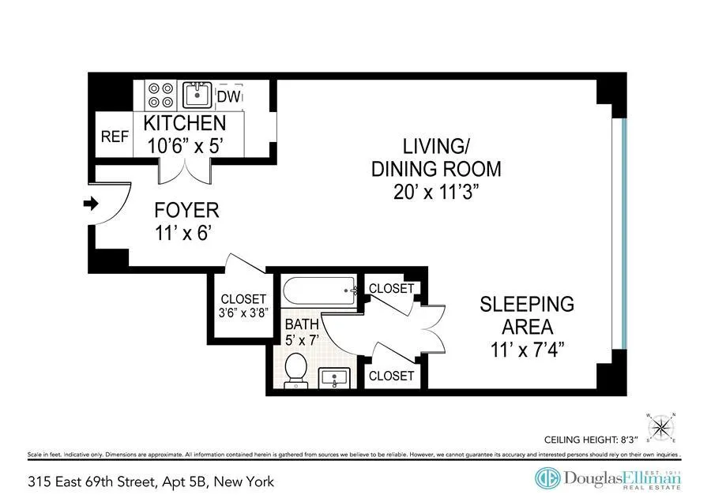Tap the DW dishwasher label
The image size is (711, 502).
pyautogui.click(x=228, y=96)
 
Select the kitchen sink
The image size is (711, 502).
pyautogui.click(x=197, y=95)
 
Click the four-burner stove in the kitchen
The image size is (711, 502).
pyautogui.click(x=161, y=96)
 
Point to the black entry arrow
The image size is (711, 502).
pyautogui.click(x=90, y=204)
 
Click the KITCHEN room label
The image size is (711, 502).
pyautogui.click(x=185, y=123)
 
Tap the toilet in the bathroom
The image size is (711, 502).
pyautogui.click(x=296, y=369)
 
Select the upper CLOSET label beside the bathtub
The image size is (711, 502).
pyautogui.click(x=392, y=289)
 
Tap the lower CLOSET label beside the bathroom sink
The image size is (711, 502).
pyautogui.click(x=391, y=376)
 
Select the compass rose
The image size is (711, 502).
pyautogui.click(x=660, y=427)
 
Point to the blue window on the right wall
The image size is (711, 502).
pyautogui.click(x=623, y=233)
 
